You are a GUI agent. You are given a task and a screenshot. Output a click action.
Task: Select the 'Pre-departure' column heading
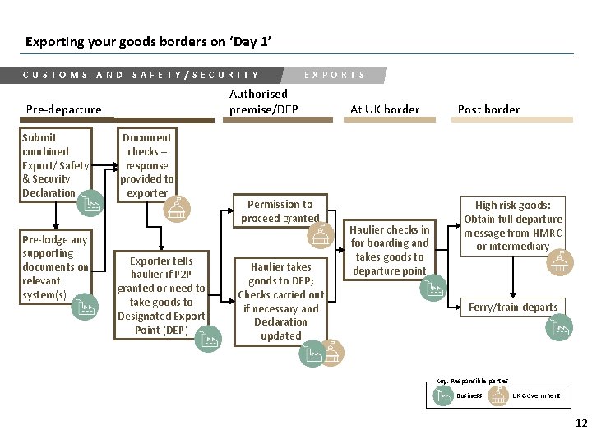(x=64, y=109)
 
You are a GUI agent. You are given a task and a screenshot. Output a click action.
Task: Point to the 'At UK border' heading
(x=384, y=109)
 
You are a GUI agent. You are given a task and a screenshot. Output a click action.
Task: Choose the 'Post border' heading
(x=488, y=109)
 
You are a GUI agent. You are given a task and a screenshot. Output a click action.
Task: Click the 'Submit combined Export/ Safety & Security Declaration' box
(x=55, y=164)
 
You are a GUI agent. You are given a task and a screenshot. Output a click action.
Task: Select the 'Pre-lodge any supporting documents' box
(x=55, y=267)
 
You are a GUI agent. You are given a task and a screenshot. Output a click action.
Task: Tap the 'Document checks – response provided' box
(x=147, y=164)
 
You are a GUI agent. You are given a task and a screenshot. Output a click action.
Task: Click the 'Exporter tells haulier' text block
(x=161, y=295)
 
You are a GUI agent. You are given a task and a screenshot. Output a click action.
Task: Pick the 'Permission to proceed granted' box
(x=280, y=211)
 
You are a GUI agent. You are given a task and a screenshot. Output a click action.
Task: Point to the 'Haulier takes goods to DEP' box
(x=281, y=301)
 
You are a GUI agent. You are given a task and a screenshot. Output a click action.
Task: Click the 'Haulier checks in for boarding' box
(x=390, y=250)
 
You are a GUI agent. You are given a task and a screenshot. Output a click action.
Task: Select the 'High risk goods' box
(x=513, y=225)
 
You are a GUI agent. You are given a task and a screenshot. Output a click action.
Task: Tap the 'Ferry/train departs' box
(x=513, y=308)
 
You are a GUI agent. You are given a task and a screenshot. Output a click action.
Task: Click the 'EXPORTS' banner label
(x=335, y=75)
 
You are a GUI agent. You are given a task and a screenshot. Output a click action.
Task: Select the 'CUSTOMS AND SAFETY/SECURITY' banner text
(x=141, y=75)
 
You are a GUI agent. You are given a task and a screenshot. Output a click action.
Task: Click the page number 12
(x=581, y=423)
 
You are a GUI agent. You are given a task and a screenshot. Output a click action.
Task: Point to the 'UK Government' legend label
(x=536, y=395)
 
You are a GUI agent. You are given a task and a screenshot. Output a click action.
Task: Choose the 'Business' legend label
(x=469, y=395)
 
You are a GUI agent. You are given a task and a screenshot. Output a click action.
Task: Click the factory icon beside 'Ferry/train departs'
(x=558, y=328)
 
